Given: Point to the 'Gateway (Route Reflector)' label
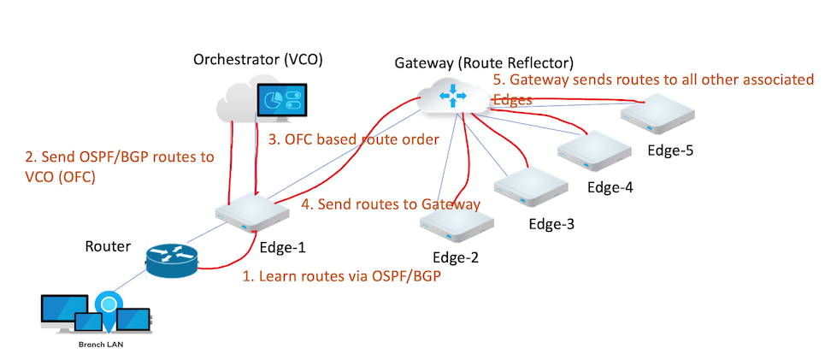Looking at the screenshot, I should [x=483, y=63].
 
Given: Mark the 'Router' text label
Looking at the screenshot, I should [x=108, y=246].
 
